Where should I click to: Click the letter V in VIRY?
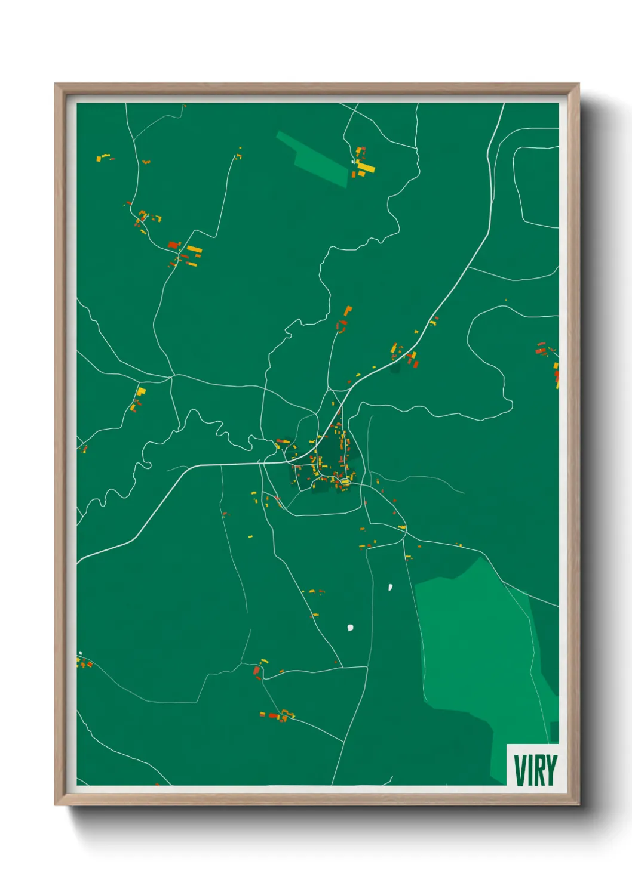click(x=520, y=770)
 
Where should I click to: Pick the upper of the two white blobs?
click(x=390, y=587)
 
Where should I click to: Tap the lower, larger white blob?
click(x=350, y=627)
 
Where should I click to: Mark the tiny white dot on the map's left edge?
click(x=80, y=653)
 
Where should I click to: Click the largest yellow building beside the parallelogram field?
click(x=366, y=168)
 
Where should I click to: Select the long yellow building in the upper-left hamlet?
click(x=195, y=249)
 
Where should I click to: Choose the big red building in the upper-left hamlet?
click(x=173, y=245)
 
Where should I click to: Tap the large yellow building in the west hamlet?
click(x=141, y=391)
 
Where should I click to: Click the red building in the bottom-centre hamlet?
click(x=274, y=715)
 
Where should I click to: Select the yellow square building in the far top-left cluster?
click(x=99, y=158)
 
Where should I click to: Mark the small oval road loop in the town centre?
click(x=344, y=480)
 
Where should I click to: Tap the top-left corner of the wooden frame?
click(x=56, y=85)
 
